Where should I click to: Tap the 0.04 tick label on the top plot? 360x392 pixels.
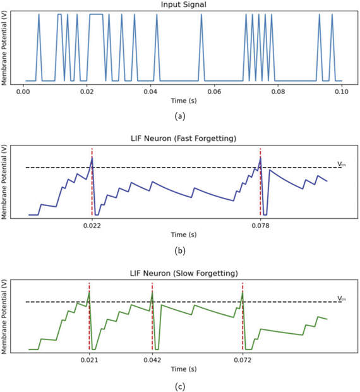(x=150, y=92)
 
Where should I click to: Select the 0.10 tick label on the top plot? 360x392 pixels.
(x=342, y=92)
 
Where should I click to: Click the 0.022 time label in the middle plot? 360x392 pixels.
(x=92, y=224)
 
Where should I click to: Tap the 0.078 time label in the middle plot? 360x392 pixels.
(x=260, y=224)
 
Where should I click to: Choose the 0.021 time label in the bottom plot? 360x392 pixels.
(x=89, y=359)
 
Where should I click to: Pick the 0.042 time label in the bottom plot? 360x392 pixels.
(x=152, y=359)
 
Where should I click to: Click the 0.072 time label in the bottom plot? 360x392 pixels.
(x=243, y=359)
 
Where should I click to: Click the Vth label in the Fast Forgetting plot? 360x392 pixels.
(x=342, y=164)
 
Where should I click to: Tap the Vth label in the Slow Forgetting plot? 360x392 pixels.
(x=342, y=298)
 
